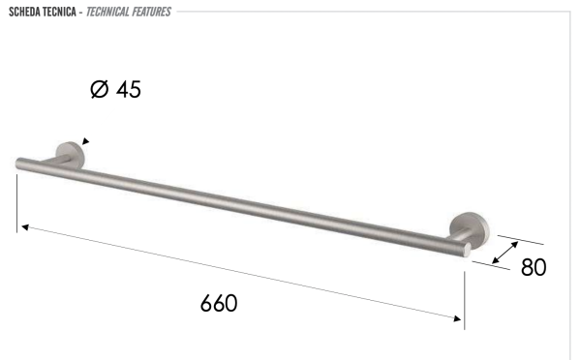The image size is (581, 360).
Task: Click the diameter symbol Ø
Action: tap(99, 89)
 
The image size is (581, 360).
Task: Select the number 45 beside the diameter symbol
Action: tap(129, 89)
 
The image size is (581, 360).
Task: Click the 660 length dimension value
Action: tap(219, 303)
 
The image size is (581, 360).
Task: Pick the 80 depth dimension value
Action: tap(534, 267)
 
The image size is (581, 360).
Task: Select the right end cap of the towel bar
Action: tap(468, 250)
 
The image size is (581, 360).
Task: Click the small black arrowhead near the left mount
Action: tap(85, 141)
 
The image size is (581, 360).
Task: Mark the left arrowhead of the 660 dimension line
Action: tap(24, 227)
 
